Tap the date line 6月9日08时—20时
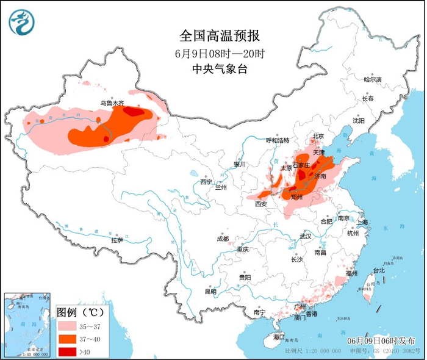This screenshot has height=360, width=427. (x=213, y=53)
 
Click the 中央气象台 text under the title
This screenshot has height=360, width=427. (x=213, y=70)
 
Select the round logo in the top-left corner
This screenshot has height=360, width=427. (x=21, y=22)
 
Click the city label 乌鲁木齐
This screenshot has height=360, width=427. (x=112, y=104)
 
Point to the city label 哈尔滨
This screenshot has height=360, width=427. (x=372, y=79)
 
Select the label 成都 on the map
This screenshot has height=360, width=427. (x=222, y=239)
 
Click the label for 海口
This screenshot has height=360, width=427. (x=279, y=337)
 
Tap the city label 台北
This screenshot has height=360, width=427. (x=378, y=270)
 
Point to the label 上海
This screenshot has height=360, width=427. (x=362, y=222)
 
